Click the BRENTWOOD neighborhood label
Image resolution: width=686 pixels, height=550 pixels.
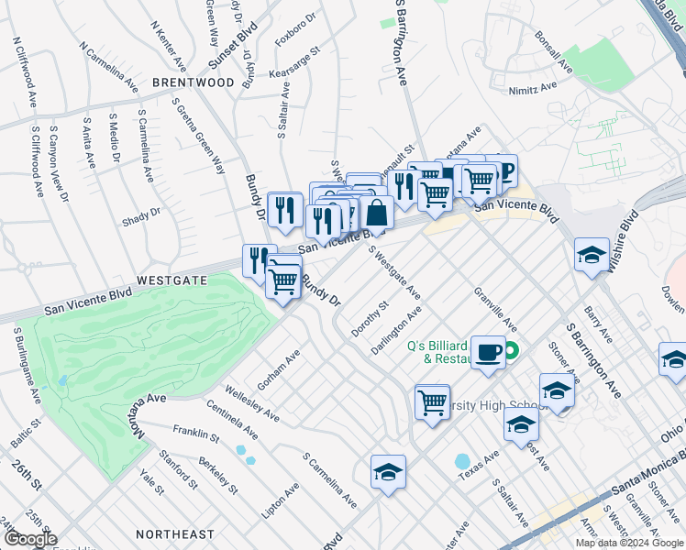point(194,82)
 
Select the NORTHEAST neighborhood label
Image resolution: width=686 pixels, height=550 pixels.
point(174,533)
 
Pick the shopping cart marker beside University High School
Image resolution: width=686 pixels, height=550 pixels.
point(432,401)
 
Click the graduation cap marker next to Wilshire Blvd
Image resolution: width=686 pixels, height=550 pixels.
point(592,256)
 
